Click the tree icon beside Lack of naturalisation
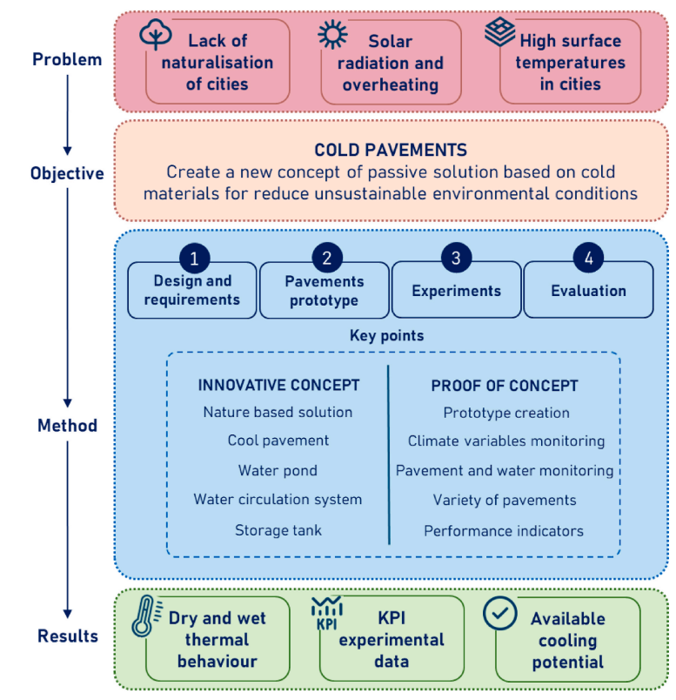[155, 34]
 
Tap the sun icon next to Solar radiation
[332, 34]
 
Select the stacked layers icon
[499, 31]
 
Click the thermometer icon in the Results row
[145, 616]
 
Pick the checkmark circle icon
[499, 614]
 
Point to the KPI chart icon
[327, 613]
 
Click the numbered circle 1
[195, 259]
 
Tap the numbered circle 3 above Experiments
[456, 258]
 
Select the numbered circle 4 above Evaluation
[588, 258]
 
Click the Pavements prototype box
[325, 290]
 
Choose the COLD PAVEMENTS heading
[391, 150]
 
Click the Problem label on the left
[67, 59]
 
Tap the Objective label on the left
[67, 173]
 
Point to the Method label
[67, 426]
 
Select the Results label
[68, 636]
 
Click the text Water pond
[278, 470]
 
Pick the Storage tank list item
[278, 530]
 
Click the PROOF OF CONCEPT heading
[505, 386]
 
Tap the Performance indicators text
[504, 531]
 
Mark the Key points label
[387, 336]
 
